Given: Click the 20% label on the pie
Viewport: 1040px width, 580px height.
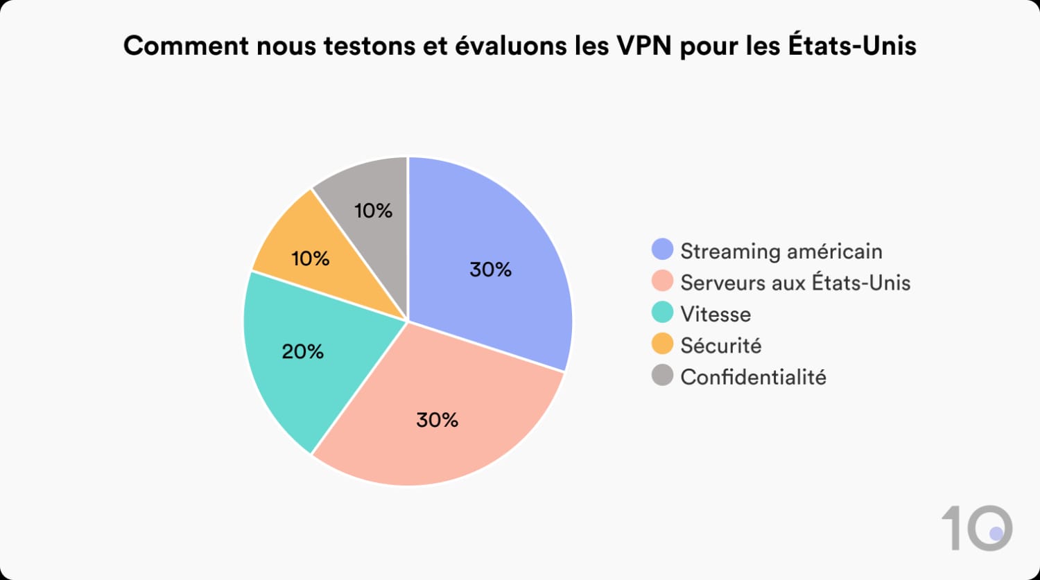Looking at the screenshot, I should tap(303, 352).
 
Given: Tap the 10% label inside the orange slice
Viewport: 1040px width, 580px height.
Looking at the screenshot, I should tap(311, 259).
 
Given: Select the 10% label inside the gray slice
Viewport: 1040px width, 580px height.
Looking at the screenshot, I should tap(374, 211).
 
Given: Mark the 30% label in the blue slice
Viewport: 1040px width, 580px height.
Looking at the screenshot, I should tap(491, 270).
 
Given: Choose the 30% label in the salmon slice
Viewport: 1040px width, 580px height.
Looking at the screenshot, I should tap(437, 420).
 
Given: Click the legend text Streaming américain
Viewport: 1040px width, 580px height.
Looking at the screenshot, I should tap(781, 251).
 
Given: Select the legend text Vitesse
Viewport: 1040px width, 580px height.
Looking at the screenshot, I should tap(716, 314).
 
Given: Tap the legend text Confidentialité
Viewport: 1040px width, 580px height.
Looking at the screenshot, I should tap(753, 377).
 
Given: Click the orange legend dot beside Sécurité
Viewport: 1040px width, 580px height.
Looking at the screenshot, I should tap(663, 344).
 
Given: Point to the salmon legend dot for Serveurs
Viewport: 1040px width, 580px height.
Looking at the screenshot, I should tap(663, 281).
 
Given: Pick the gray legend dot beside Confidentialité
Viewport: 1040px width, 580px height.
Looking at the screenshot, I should tap(663, 376).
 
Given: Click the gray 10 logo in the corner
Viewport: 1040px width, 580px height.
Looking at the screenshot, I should tap(977, 529).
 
